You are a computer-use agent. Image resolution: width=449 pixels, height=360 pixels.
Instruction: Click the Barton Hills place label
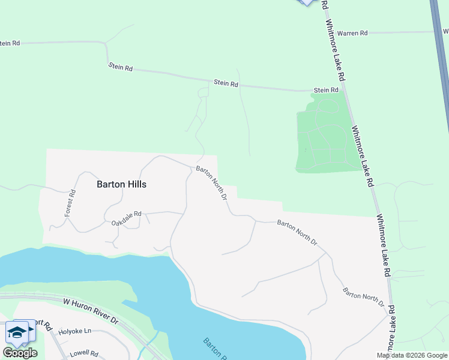[x=121, y=185]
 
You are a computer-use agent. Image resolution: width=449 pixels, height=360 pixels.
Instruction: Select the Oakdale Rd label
[x=126, y=218]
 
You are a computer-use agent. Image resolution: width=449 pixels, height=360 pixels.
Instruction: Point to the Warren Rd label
[x=352, y=34]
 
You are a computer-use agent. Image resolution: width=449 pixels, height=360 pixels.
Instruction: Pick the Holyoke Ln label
[x=75, y=331]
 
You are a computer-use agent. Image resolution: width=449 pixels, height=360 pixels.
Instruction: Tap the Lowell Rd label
[x=83, y=353]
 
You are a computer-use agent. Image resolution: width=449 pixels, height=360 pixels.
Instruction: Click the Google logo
[x=20, y=353]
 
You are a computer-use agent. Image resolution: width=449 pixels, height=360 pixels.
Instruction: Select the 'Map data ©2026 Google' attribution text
[x=412, y=355]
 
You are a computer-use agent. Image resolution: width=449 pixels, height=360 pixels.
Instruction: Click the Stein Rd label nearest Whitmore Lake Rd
[x=326, y=90]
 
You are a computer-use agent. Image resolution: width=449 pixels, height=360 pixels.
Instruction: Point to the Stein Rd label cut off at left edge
[x=10, y=43]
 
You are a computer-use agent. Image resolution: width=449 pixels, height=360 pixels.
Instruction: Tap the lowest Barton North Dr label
[x=363, y=297]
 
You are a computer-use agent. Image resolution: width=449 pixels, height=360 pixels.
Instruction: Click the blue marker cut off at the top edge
[x=307, y=2]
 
